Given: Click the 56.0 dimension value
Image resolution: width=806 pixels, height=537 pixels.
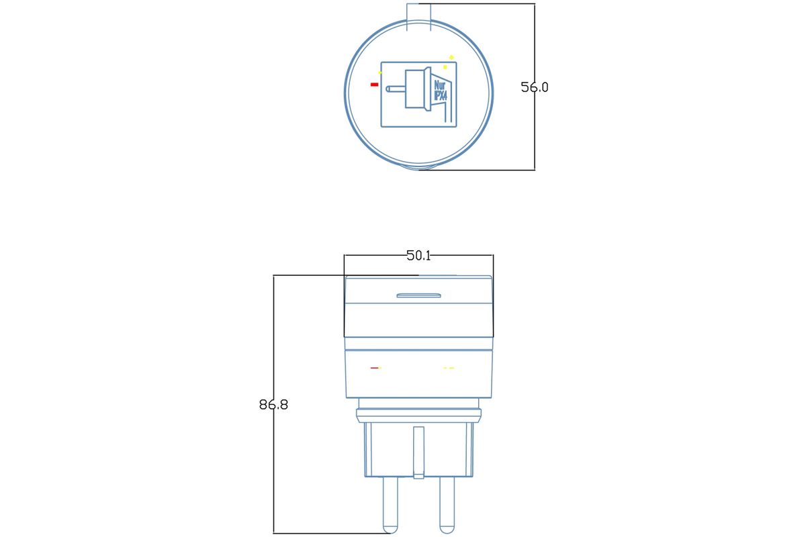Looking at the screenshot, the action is pyautogui.click(x=535, y=87).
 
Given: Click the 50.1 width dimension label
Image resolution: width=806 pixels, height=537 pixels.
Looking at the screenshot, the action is pyautogui.click(x=418, y=255).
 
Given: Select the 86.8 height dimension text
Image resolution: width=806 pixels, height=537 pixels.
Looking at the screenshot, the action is pyautogui.click(x=273, y=405).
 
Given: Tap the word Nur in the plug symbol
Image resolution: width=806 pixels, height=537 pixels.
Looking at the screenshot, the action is pyautogui.click(x=440, y=85).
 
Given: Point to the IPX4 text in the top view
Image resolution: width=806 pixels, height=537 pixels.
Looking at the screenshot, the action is pyautogui.click(x=441, y=96).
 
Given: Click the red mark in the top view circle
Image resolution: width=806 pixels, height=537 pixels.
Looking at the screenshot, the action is pyautogui.click(x=374, y=85).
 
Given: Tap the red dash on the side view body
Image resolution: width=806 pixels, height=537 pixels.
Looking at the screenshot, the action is pyautogui.click(x=374, y=368).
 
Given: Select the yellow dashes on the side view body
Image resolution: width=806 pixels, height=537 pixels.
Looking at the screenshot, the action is pyautogui.click(x=449, y=368).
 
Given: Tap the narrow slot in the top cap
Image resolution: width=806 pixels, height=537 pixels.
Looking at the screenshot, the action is pyautogui.click(x=419, y=295).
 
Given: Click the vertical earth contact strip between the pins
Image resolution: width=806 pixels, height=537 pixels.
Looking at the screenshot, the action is pyautogui.click(x=419, y=452).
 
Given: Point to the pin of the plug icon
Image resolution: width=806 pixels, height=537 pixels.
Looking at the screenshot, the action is pyautogui.click(x=396, y=89).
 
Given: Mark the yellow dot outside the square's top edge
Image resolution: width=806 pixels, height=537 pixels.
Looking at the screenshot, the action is pyautogui.click(x=451, y=57).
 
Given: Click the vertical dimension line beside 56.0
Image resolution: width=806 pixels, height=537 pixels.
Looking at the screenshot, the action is pyautogui.click(x=535, y=87).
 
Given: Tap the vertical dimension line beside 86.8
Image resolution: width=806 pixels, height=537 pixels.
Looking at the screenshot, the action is pyautogui.click(x=273, y=404).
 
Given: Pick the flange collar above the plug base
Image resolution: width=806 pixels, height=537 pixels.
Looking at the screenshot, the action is pyautogui.click(x=419, y=416).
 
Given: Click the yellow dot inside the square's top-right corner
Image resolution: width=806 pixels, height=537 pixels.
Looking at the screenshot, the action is pyautogui.click(x=445, y=67).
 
